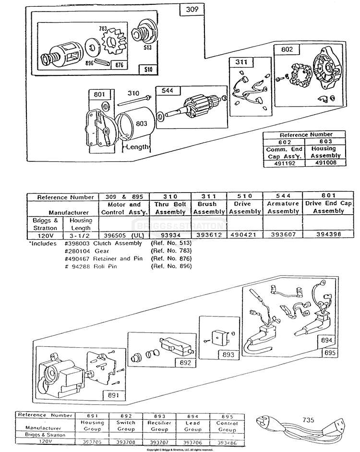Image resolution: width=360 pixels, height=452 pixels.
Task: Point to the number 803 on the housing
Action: (x=141, y=123)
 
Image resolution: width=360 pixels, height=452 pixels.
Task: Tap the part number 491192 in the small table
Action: (x=284, y=163)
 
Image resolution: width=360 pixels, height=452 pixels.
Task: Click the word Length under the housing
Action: (x=136, y=147)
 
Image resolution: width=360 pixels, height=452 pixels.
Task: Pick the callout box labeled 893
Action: (x=228, y=355)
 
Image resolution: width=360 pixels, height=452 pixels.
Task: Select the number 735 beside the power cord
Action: (x=309, y=419)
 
